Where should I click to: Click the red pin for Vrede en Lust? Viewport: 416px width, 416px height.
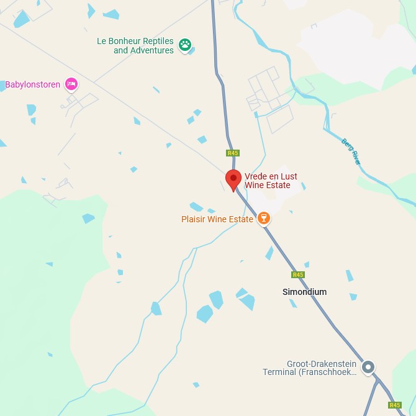coord(233,179)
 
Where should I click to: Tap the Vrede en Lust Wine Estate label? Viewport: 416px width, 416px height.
coord(271,181)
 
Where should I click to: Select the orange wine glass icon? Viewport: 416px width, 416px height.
coord(265,218)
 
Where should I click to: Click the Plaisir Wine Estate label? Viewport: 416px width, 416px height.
coord(217,219)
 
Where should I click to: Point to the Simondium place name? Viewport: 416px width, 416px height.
coord(304,292)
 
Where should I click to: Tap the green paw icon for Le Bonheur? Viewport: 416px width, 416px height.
coord(185,45)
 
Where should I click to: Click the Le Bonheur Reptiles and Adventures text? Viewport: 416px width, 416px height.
coord(135,45)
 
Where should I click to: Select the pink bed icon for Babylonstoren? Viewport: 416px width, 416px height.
coord(71,84)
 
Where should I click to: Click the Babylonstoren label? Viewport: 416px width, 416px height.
coord(32,84)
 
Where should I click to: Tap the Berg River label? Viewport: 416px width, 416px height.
coord(351,150)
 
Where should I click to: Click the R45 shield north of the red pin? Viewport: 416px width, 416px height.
coord(233,153)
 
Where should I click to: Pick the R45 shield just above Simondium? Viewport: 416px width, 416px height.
coord(298,274)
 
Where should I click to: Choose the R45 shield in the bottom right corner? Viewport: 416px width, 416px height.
coord(395,405)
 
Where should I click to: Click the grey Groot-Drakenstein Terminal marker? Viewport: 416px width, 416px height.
coord(368,367)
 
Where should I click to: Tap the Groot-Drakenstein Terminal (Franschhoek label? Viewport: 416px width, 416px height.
coord(310,368)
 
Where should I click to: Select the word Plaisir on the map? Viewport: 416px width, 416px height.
coord(195,219)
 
